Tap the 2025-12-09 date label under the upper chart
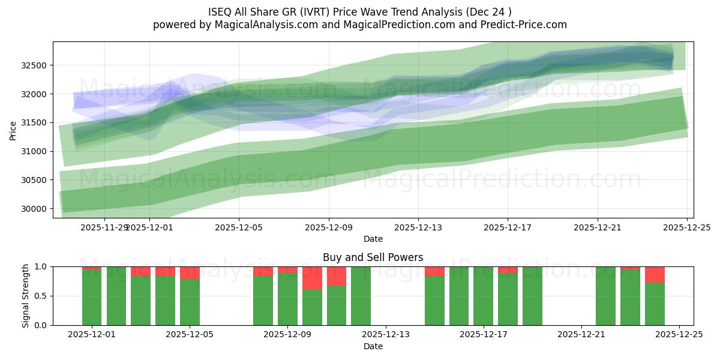[x=328, y=227]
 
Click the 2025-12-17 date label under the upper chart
[x=508, y=227]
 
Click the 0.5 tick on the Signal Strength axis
[x=43, y=296]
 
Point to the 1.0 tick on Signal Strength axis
[x=43, y=266]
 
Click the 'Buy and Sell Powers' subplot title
[x=373, y=257]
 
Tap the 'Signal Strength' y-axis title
[x=25, y=296]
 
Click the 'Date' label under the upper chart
[x=373, y=239]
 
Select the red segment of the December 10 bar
[x=312, y=278]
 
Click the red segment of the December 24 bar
[x=655, y=274]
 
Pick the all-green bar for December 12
[x=361, y=296]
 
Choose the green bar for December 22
[x=605, y=296]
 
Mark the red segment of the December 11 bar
[x=337, y=276]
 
